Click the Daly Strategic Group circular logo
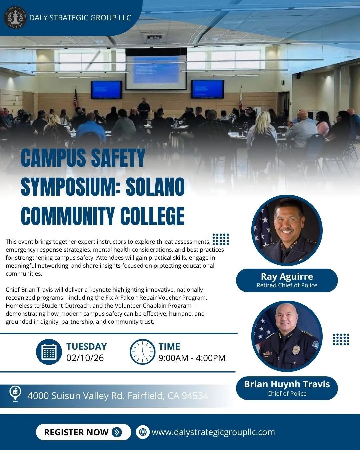15,17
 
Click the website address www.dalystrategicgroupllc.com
213,432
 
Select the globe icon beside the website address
143,432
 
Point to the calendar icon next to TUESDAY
49,352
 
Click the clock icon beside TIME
142,352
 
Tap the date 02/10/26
85,358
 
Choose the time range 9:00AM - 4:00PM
192,358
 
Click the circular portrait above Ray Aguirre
287,230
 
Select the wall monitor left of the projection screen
106,89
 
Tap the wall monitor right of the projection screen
207,89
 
